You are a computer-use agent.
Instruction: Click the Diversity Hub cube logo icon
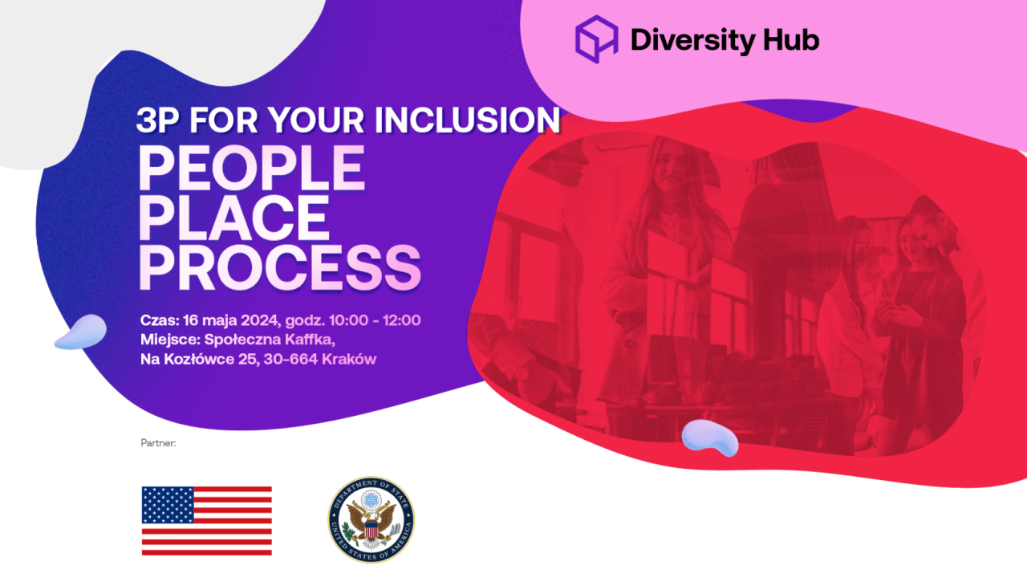click(596, 39)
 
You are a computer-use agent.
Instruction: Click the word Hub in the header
click(791, 39)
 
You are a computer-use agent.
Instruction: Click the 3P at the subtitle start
click(158, 120)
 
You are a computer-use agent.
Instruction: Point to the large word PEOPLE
click(252, 168)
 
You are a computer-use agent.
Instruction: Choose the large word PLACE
click(234, 218)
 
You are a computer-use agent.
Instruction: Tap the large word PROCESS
click(280, 267)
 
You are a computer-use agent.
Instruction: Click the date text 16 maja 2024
click(230, 320)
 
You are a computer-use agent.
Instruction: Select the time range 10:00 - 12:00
click(375, 320)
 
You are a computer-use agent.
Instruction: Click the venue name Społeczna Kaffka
click(269, 340)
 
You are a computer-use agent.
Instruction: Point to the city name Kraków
click(349, 359)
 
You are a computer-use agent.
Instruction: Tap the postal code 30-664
click(290, 359)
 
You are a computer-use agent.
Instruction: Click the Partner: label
click(158, 443)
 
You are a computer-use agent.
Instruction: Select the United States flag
click(207, 521)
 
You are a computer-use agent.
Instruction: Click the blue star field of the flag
click(168, 505)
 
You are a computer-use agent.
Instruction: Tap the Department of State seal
click(371, 519)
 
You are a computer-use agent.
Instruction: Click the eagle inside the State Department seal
click(371, 521)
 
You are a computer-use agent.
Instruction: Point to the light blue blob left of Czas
click(81, 332)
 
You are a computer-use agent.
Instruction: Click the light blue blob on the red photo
click(710, 438)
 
